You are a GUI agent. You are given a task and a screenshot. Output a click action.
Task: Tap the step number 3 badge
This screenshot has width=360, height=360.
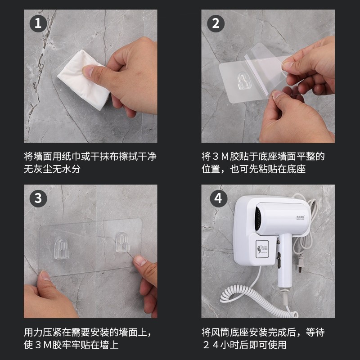[x=38, y=198]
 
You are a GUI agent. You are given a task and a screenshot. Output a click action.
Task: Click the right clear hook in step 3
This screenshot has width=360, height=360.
[x=121, y=244]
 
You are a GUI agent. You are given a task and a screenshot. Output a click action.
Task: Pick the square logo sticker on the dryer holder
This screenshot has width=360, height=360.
[x=263, y=249]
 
